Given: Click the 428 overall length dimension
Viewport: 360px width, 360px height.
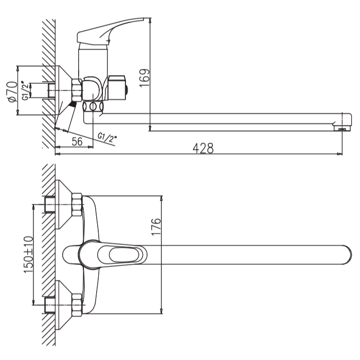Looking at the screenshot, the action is tap(203, 148).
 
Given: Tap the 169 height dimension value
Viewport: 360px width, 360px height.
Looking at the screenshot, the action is tap(145, 78).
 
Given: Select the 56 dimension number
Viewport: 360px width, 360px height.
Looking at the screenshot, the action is tap(77, 141).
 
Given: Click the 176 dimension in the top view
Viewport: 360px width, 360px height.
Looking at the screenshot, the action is tap(156, 227).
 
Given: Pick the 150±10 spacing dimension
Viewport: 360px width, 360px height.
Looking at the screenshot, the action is tap(28, 255).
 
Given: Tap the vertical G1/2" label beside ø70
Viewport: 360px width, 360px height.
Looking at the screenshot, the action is tap(26, 90).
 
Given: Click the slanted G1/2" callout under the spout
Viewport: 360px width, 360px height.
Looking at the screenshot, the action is tap(107, 137).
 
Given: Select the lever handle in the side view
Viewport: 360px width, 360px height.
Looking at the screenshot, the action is tap(110, 30).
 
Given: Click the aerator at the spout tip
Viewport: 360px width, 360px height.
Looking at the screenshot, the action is tap(343, 128).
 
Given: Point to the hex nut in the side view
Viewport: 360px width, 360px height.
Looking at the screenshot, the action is tap(77, 90).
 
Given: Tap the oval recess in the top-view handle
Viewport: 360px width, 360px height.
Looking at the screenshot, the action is tap(124, 255).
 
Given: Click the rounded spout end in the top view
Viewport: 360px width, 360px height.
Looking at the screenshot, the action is tap(347, 255).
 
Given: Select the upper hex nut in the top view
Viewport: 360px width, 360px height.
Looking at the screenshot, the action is tap(77, 205).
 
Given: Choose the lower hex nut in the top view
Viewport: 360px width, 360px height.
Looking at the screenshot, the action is tap(77, 305).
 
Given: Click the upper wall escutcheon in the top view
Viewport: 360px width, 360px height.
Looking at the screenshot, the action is tap(63, 204).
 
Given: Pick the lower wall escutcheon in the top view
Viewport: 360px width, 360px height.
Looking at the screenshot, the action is tap(63, 305).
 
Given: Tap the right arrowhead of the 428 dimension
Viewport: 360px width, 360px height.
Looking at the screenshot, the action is tap(339, 154).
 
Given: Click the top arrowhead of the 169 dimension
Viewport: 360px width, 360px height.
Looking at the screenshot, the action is tap(150, 21).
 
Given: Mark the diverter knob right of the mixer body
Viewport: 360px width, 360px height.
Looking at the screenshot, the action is tap(118, 87).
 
